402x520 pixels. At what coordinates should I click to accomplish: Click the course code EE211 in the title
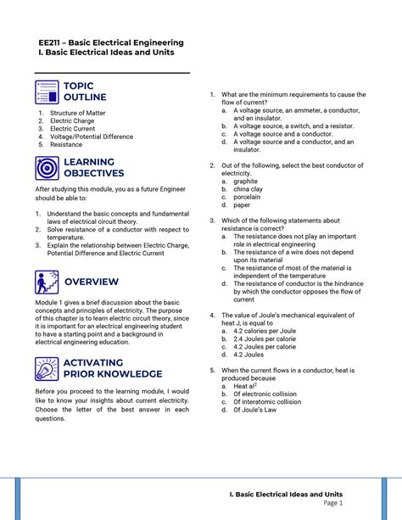click(51, 42)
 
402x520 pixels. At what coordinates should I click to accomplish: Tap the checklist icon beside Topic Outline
click(47, 92)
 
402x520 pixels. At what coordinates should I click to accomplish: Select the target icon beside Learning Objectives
click(47, 167)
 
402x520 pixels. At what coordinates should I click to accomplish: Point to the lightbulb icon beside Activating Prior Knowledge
click(47, 368)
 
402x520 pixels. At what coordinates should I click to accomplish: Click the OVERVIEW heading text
click(92, 282)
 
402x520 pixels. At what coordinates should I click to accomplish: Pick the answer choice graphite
click(245, 181)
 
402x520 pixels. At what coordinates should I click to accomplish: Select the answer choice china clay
click(248, 188)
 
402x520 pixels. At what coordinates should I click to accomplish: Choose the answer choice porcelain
click(247, 197)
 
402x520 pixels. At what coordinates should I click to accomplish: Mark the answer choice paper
click(242, 204)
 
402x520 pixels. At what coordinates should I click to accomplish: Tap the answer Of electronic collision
click(267, 394)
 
